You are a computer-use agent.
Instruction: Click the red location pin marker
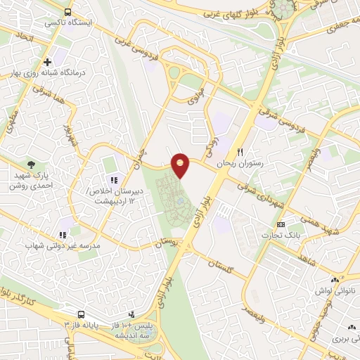(181, 165)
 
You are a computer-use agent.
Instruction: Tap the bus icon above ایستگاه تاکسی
(67, 12)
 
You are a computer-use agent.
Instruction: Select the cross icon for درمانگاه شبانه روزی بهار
(48, 61)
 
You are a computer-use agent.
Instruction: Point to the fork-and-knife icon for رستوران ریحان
(240, 152)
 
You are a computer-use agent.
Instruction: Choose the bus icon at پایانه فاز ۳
(82, 314)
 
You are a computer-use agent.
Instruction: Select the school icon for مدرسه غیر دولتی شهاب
(63, 235)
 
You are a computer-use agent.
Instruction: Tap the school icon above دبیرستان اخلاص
(114, 181)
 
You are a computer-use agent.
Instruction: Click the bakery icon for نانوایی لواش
(336, 278)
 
